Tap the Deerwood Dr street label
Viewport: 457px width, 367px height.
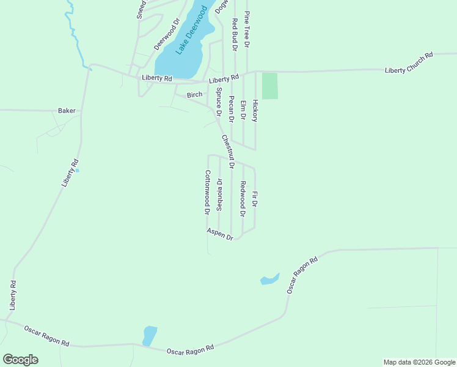(166, 34)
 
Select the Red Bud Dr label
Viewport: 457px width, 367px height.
(234, 34)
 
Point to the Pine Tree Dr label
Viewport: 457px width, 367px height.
(247, 29)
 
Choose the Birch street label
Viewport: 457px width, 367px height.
(194, 95)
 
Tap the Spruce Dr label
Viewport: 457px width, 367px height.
(218, 102)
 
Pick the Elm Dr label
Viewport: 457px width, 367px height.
(243, 111)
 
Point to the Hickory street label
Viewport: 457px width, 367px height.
(255, 111)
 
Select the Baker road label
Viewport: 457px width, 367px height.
(67, 111)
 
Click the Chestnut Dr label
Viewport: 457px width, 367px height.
(227, 152)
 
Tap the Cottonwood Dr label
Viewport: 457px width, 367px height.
(207, 192)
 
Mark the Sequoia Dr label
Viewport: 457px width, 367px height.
(219, 195)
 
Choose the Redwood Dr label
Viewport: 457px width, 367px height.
(243, 199)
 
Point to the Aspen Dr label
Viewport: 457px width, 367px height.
(220, 234)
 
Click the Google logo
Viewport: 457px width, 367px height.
(20, 360)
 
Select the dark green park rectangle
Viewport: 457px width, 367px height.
(269, 86)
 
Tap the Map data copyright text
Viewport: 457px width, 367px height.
(420, 362)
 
